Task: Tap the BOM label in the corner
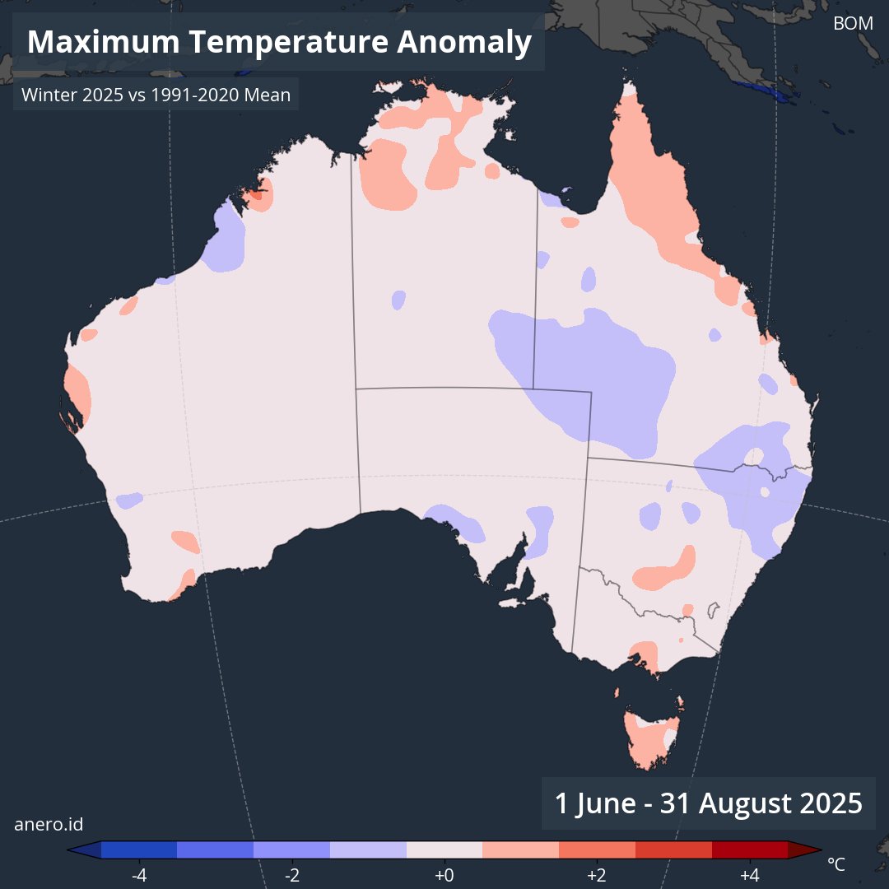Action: click(x=853, y=24)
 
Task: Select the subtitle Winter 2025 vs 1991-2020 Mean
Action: click(x=156, y=95)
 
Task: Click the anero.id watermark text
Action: click(x=49, y=824)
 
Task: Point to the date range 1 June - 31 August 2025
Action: click(x=708, y=803)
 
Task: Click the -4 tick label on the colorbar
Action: click(x=139, y=874)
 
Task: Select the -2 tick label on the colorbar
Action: click(x=291, y=874)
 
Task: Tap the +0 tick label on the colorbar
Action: click(x=444, y=874)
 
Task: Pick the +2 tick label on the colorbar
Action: click(x=597, y=874)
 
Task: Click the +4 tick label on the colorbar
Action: click(x=749, y=874)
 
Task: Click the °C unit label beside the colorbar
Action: click(x=835, y=864)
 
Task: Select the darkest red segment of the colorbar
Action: click(x=749, y=849)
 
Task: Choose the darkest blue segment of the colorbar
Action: click(x=139, y=849)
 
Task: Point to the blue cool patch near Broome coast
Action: click(x=226, y=239)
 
